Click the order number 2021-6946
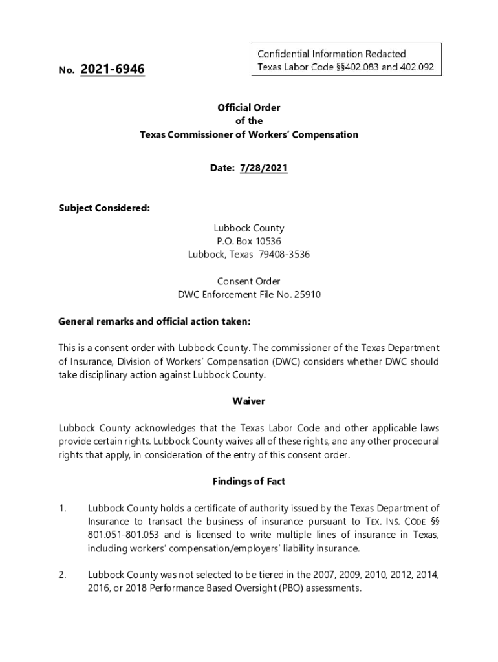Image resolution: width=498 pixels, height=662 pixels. tap(113, 69)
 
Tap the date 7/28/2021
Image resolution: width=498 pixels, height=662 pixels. tap(263, 168)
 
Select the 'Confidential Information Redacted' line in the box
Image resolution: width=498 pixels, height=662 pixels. tap(331, 54)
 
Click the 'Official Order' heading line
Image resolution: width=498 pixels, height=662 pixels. tap(249, 108)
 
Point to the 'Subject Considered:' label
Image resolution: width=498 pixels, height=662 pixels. tap(104, 208)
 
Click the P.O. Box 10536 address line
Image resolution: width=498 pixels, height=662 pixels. tap(249, 241)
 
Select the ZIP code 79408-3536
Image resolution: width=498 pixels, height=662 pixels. tap(284, 255)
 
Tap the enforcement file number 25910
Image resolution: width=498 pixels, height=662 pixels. tap(308, 295)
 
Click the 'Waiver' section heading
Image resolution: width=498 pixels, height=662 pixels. tap(249, 401)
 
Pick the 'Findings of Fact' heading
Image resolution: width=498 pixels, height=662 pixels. tap(249, 482)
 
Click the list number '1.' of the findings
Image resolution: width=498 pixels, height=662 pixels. tap(63, 509)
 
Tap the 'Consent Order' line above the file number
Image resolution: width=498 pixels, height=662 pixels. tap(249, 281)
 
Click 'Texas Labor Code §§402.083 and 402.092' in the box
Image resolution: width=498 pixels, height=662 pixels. tap(345, 67)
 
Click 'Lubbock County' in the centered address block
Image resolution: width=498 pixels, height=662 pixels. tap(249, 228)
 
